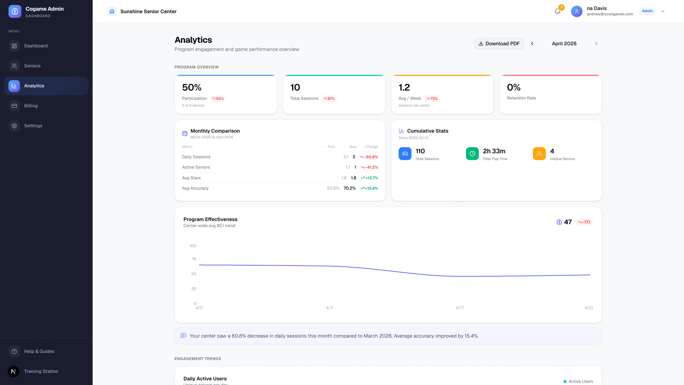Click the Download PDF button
point(499,43)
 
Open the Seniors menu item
point(32,66)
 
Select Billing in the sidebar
point(31,106)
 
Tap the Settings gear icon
point(14,126)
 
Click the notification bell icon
point(558,11)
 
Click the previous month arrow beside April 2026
point(532,43)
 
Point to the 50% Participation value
point(192,87)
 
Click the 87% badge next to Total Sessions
point(329,99)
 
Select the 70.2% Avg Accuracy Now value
point(349,188)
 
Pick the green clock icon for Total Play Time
point(472,154)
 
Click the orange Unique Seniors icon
point(539,154)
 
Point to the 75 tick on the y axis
point(194,259)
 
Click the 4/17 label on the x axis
point(460,308)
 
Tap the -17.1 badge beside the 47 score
point(584,222)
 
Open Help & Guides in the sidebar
point(39,351)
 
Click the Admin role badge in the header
point(647,11)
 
